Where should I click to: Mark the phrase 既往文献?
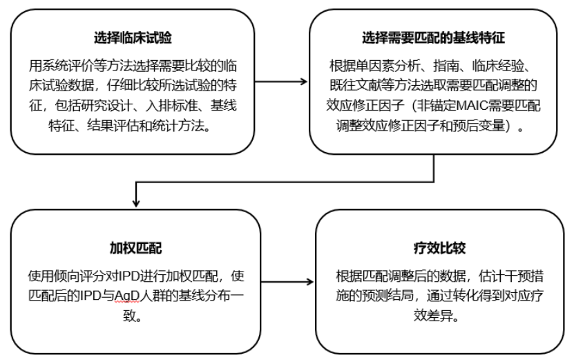[353, 82]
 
